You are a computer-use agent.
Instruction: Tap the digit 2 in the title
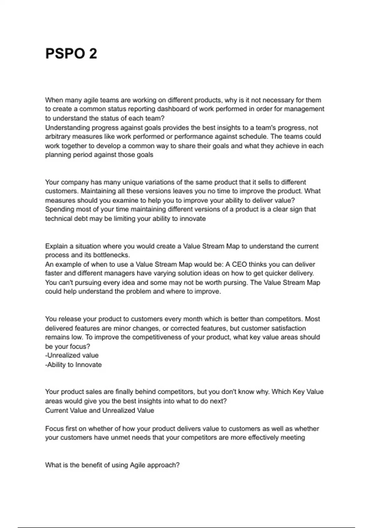(x=93, y=53)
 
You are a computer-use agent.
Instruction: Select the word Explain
(x=56, y=246)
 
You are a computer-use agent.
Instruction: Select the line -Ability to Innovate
(x=73, y=365)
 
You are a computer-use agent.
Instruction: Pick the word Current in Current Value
(x=56, y=411)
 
